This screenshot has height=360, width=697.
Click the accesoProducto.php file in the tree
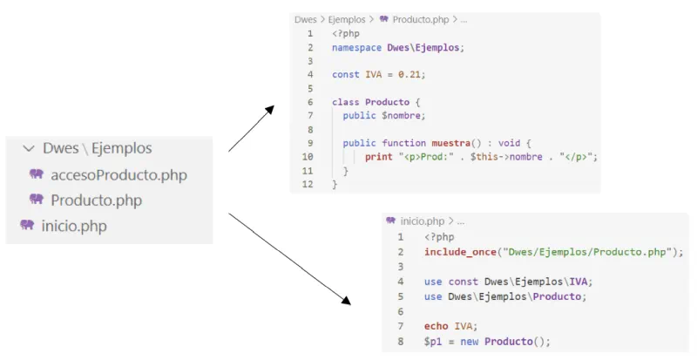pyautogui.click(x=118, y=174)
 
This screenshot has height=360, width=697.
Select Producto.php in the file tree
pyautogui.click(x=96, y=200)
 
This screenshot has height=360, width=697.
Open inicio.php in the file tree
pyautogui.click(x=75, y=225)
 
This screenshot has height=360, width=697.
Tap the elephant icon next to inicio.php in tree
pyautogui.click(x=27, y=225)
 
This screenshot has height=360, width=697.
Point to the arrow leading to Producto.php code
pyautogui.click(x=252, y=129)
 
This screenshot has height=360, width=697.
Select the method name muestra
pyautogui.click(x=453, y=143)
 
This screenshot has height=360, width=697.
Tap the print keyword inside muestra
pyautogui.click(x=379, y=157)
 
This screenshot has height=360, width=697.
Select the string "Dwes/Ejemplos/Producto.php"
pyautogui.click(x=587, y=252)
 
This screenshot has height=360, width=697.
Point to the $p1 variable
pyautogui.click(x=433, y=341)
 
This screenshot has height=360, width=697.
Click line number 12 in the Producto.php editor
pyautogui.click(x=308, y=185)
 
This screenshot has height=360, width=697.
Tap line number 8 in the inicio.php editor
pyautogui.click(x=400, y=341)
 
